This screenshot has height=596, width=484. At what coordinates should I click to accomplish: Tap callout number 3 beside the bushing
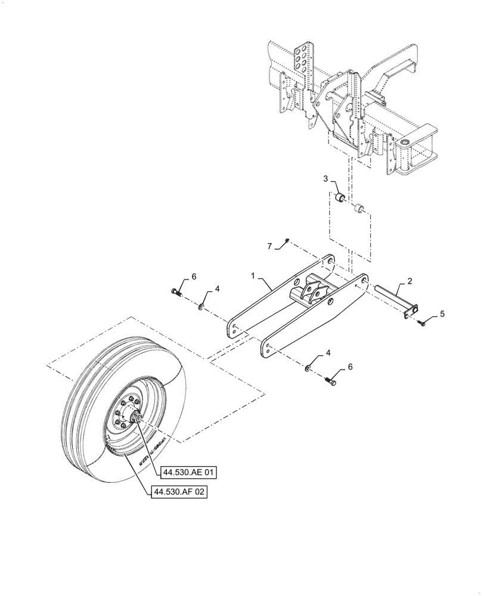(x=326, y=179)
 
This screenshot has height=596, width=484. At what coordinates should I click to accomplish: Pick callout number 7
(x=269, y=246)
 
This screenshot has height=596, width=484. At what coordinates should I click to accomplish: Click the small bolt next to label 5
(x=422, y=322)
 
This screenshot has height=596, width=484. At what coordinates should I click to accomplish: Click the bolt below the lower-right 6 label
(x=332, y=377)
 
